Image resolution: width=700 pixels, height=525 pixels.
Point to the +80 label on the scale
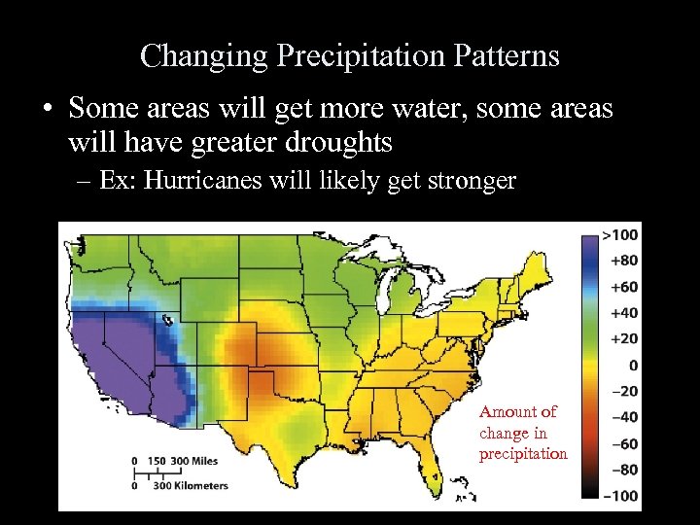pos(623,261)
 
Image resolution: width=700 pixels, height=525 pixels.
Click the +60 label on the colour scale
pos(623,287)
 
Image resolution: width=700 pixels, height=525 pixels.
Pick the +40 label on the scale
pos(623,313)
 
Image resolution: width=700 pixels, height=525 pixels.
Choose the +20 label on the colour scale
pos(623,338)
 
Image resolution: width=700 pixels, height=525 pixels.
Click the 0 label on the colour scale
pos(633,365)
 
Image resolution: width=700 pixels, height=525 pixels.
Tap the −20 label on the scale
pos(623,391)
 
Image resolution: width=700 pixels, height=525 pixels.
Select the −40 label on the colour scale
pos(623,417)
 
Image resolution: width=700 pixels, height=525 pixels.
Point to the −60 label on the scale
pos(623,443)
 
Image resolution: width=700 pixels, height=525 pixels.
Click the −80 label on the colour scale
pos(623,470)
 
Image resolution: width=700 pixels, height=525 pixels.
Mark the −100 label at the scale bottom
pos(619,496)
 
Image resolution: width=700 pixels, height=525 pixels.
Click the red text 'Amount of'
pos(517,412)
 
